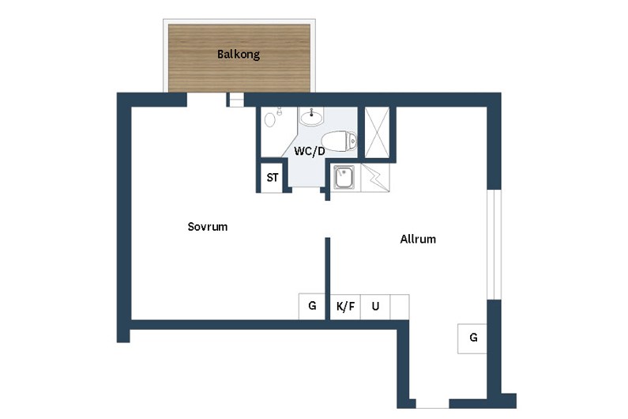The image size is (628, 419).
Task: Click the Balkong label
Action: click(239, 54)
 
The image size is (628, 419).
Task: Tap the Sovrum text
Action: click(208, 227)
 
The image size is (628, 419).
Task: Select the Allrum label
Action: click(418, 239)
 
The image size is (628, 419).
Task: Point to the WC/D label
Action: click(309, 151)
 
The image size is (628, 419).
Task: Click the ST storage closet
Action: click(273, 177)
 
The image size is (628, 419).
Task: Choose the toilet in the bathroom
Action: click(339, 142)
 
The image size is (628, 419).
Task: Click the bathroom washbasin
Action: click(311, 117)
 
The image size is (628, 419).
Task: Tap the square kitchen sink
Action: click(344, 177)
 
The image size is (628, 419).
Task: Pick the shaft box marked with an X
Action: click(377, 133)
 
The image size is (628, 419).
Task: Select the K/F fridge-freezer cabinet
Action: click(345, 307)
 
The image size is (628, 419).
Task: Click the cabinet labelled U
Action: click(375, 307)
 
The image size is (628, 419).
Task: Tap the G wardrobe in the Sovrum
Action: click(312, 306)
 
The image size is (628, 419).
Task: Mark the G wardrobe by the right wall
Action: click(472, 338)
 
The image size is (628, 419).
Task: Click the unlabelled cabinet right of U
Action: click(400, 307)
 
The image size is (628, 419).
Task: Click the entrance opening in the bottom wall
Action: click(433, 403)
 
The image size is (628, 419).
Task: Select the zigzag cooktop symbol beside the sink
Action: click(375, 177)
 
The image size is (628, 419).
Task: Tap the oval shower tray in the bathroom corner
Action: click(270, 119)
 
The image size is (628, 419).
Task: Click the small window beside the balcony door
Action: click(235, 100)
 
